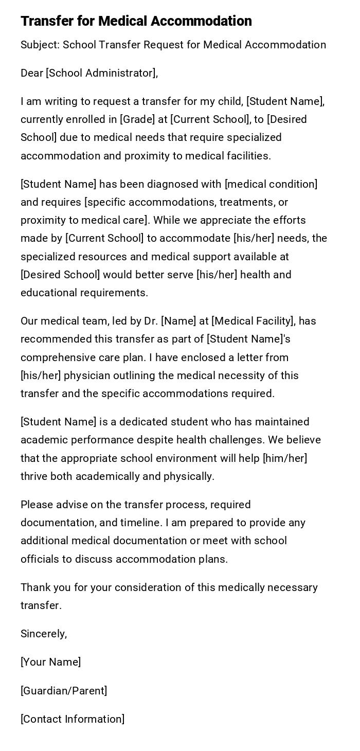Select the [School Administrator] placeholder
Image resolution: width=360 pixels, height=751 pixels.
pos(101,73)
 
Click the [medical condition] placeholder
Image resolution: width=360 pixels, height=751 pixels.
pos(271,184)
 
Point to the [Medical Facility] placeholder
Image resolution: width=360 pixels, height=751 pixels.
pos(253,321)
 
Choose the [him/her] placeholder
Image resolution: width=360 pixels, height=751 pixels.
pos(285,458)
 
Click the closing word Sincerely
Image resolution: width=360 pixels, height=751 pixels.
pos(44,634)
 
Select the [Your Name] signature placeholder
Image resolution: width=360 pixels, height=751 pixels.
pos(50,662)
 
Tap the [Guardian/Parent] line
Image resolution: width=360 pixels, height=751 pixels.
pos(64,691)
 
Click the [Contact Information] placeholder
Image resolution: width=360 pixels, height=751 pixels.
pos(73,719)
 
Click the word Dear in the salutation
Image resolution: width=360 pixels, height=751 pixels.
pos(32,73)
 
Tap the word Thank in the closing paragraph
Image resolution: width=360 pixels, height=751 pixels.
pos(35,587)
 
